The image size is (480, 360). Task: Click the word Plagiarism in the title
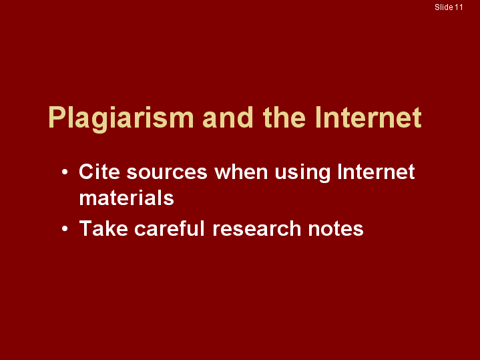coord(121,119)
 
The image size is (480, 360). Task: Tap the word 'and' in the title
coord(228,117)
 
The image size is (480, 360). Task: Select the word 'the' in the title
coord(284,117)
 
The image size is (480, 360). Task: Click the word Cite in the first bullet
coord(99,171)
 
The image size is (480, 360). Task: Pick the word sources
coord(167,174)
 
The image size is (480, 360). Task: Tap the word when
coord(241,171)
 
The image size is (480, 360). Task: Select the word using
coord(302,173)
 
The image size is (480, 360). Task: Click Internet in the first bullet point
coord(376,171)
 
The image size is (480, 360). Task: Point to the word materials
coord(126,198)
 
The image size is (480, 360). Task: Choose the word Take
coord(103,228)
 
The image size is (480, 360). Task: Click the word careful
coord(170,228)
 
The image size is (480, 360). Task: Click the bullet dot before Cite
coord(65,172)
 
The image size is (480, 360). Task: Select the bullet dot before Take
coord(65,229)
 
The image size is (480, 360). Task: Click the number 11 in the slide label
coord(459,7)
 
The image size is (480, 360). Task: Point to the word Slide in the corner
coord(444,7)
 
